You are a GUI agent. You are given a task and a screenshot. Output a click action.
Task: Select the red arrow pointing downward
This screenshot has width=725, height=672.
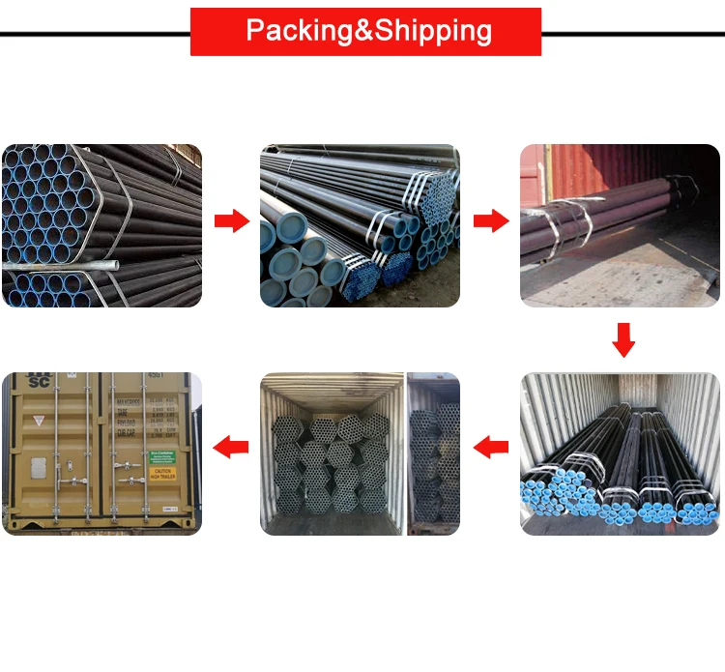pyautogui.click(x=623, y=340)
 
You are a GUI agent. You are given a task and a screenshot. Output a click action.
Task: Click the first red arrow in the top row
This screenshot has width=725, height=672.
pyautogui.click(x=231, y=220)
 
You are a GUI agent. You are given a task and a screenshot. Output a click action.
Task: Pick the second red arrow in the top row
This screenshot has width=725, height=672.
pyautogui.click(x=491, y=220)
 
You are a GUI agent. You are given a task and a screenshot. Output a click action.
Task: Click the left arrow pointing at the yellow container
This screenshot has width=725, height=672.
pyautogui.click(x=230, y=446)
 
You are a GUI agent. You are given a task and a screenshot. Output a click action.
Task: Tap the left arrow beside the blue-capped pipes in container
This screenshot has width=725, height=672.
pyautogui.click(x=491, y=446)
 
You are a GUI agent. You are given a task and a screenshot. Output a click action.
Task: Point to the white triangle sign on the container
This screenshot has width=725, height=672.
pyautogui.click(x=40, y=421)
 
